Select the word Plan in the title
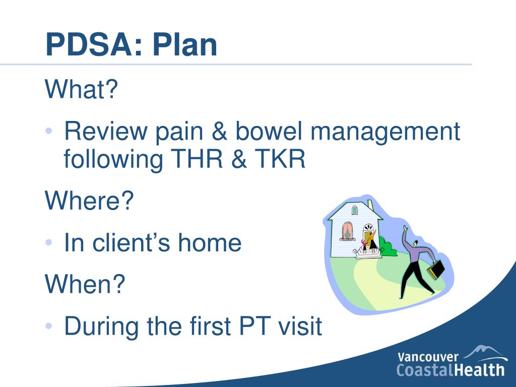tap(184, 44)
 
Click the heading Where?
tap(89, 200)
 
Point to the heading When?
tap(85, 284)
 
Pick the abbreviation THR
tap(197, 159)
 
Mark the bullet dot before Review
tap(49, 131)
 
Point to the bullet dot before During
tap(49, 326)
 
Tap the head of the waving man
tap(416, 244)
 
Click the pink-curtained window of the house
tap(348, 231)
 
